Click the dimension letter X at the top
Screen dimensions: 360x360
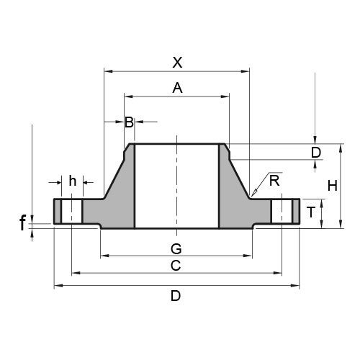point(177,63)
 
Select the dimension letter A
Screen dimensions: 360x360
point(177,89)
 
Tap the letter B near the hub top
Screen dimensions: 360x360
point(129,122)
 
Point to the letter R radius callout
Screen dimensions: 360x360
point(274,181)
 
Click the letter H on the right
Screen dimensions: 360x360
point(332,186)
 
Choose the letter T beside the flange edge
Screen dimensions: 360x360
point(310,212)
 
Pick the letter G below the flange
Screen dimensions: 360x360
point(175,248)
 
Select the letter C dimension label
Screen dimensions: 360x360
point(175,266)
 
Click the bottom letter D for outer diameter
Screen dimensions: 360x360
point(175,296)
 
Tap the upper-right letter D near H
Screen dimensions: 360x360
point(315,153)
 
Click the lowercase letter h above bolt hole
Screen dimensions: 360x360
point(72,181)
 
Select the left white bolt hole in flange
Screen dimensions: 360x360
point(72,212)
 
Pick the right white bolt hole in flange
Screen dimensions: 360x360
point(282,212)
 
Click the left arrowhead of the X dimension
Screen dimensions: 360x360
point(107,70)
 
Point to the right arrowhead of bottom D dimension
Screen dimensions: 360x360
point(298,286)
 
